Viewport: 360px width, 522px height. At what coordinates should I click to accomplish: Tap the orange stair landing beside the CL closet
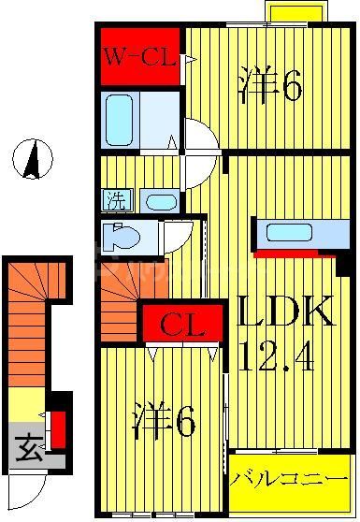(x=116, y=304)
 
